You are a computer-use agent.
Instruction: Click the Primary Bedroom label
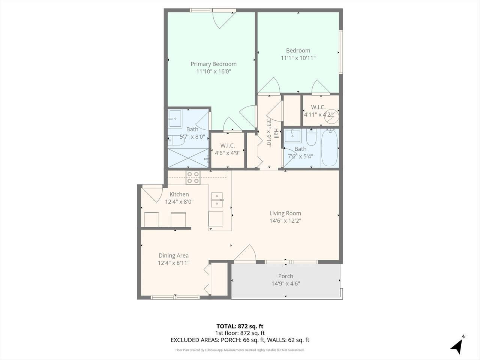point(213,64)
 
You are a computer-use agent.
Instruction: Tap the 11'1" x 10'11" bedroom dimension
point(298,58)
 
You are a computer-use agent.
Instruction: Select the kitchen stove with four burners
point(193,177)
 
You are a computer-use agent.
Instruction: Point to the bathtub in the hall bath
point(329,147)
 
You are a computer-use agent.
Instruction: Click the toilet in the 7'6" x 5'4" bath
point(311,137)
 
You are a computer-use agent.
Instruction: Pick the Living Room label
point(285,213)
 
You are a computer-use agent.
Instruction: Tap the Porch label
point(286,276)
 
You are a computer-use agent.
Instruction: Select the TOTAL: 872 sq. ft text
point(240,326)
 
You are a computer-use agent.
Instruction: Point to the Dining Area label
point(173,255)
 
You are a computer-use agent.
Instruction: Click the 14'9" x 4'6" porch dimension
point(286,283)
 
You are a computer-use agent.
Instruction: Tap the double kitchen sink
point(217,200)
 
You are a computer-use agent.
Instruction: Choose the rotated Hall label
point(276,133)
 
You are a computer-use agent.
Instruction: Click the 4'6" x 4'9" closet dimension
point(227,153)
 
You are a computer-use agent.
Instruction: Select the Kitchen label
point(179,194)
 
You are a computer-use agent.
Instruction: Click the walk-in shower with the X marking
point(188,158)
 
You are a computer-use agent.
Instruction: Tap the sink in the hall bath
point(292,136)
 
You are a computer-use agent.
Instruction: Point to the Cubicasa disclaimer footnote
point(240,350)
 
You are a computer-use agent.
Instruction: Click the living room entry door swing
point(245,253)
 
